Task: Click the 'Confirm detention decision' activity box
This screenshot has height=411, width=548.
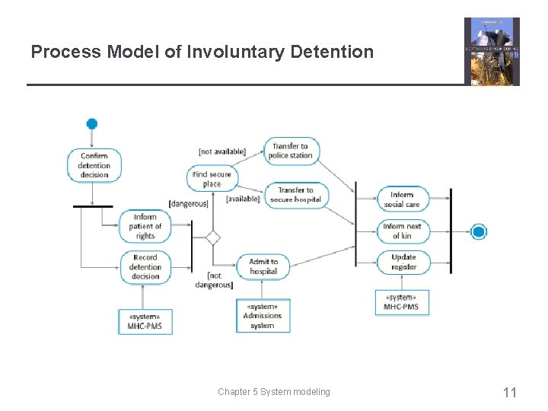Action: tap(94, 165)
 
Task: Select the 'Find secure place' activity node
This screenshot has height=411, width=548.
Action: tap(212, 179)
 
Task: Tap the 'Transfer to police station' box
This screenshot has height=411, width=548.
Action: tap(292, 151)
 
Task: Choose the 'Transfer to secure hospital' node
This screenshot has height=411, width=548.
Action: tap(295, 195)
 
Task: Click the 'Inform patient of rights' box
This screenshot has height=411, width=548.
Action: tap(145, 226)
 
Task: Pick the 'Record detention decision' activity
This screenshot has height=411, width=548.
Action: tap(145, 267)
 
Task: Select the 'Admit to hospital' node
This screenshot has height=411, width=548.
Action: tap(263, 266)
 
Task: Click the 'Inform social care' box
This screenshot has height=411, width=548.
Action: tap(403, 199)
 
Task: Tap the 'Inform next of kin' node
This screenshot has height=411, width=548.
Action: tap(403, 231)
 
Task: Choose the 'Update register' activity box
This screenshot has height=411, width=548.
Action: tap(403, 262)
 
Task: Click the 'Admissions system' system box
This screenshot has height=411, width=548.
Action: tap(262, 315)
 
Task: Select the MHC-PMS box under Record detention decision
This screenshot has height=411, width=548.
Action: tap(145, 320)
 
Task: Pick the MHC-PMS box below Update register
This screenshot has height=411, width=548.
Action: tap(401, 302)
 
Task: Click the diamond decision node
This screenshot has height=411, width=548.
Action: tap(213, 237)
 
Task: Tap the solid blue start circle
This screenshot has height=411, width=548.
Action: tap(92, 124)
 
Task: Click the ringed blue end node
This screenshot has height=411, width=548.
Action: tap(479, 232)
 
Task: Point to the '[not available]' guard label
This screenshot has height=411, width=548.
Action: tap(221, 151)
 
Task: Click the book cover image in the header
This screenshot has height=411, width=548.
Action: tap(492, 52)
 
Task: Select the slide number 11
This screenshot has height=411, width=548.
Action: tap(510, 393)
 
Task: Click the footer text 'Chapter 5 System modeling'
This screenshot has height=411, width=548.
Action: tap(274, 392)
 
